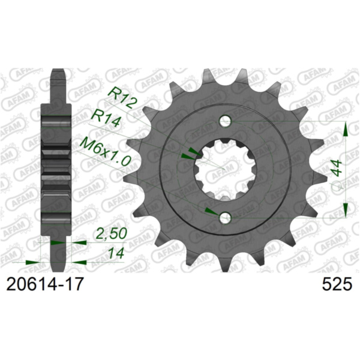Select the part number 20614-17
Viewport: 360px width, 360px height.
pos(41,285)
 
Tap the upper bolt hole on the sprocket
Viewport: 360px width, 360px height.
pos(225,121)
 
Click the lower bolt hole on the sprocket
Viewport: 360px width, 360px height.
pos(225,218)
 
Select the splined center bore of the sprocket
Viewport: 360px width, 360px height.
pos(225,170)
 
